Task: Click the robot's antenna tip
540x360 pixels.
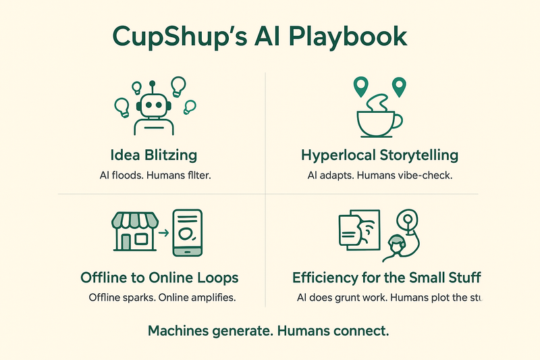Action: [x=153, y=84]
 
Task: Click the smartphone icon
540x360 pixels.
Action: [x=187, y=232]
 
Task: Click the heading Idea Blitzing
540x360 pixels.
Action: [x=153, y=155]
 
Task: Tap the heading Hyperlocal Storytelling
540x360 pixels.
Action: [x=379, y=155]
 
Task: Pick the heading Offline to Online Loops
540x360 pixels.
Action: [x=159, y=278]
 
